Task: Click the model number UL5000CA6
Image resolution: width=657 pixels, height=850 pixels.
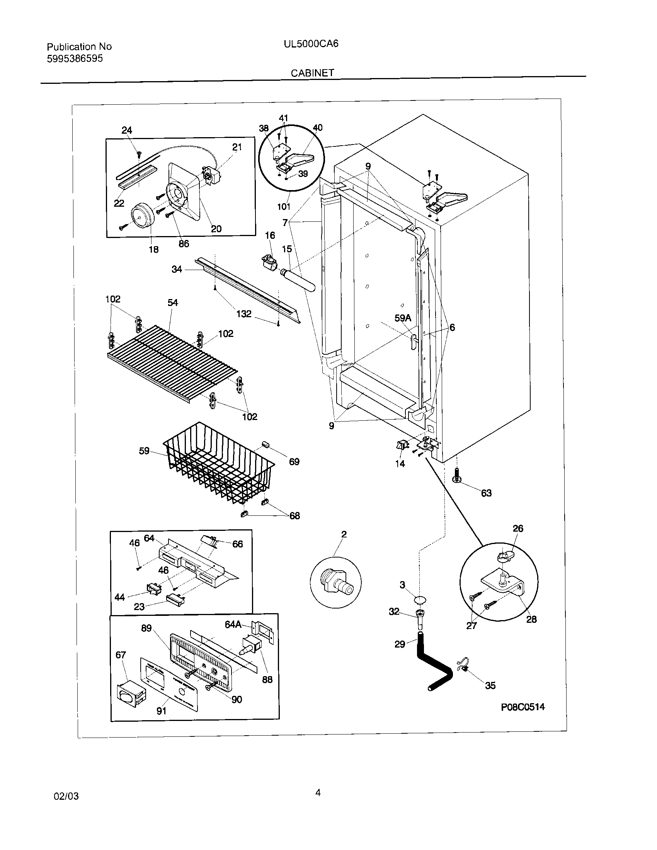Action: [311, 44]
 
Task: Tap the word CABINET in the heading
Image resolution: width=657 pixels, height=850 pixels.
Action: [312, 73]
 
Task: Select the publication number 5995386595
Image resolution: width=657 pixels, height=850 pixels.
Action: [75, 59]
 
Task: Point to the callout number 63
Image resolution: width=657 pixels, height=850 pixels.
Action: [486, 493]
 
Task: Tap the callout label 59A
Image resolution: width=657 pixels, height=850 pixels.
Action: [402, 318]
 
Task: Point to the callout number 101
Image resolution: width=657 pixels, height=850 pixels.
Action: [284, 207]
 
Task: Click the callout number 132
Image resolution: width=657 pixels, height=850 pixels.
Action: [243, 314]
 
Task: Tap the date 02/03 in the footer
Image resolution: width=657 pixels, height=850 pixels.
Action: [66, 796]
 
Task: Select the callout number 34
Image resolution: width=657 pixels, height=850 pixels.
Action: [177, 269]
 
